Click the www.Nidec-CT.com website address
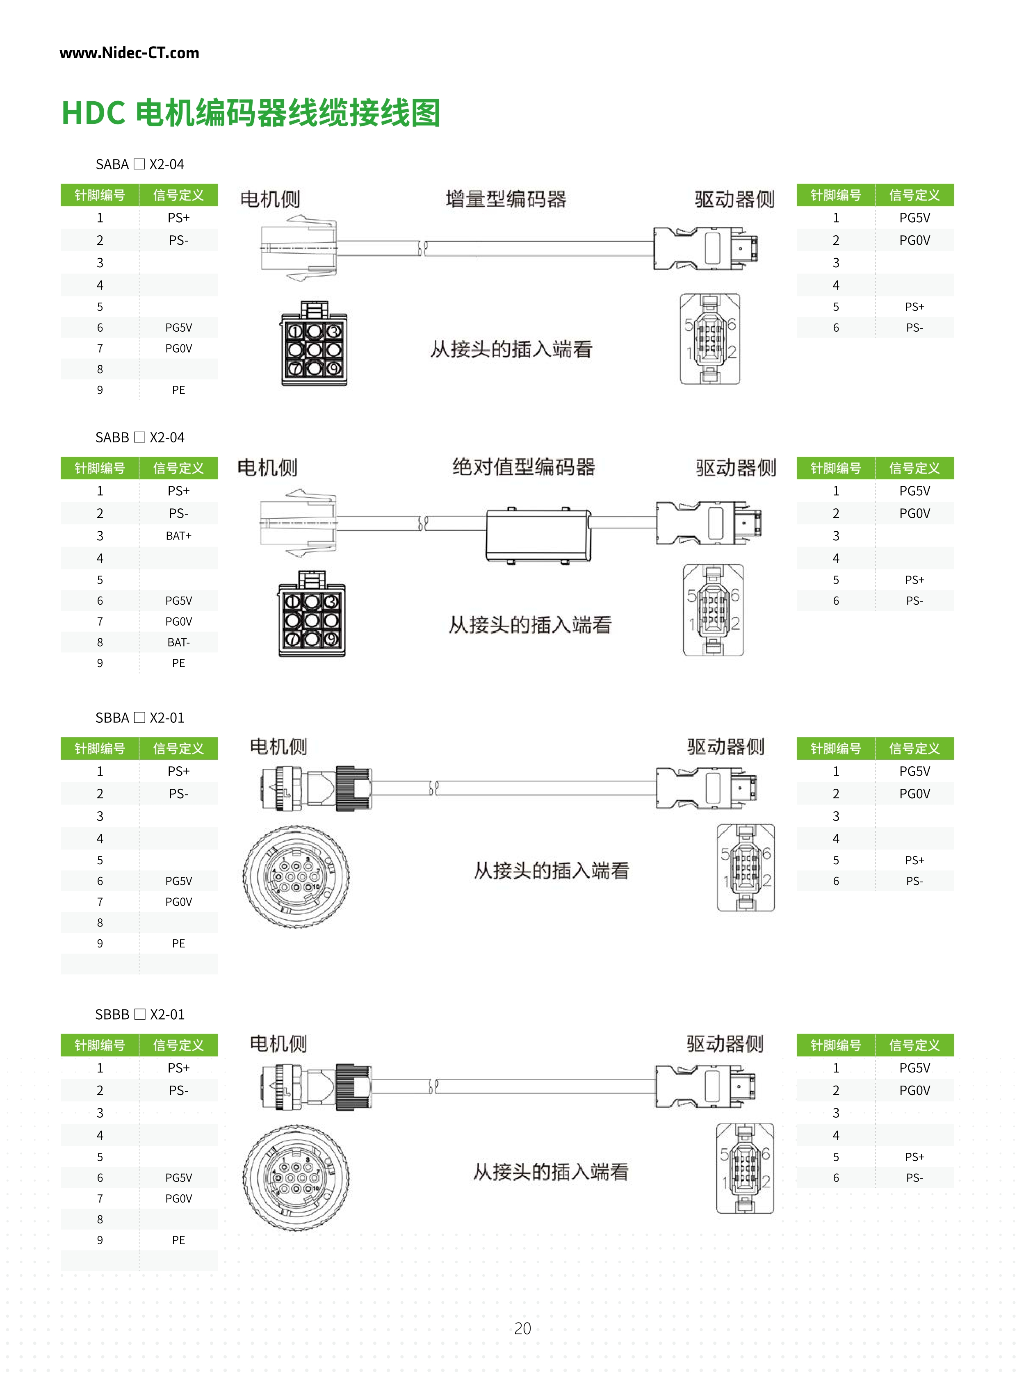[129, 53]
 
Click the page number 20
[522, 1328]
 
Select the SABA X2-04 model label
[140, 164]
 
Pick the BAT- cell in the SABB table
[178, 642]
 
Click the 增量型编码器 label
[505, 199]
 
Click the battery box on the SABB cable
[538, 535]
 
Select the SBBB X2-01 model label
[140, 1014]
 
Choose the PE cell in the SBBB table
[178, 1240]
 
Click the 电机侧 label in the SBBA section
[278, 747]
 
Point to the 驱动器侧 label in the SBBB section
[725, 1043]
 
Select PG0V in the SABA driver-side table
[914, 241]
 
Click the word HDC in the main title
[93, 113]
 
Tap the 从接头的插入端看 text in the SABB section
[529, 625]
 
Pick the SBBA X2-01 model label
[140, 718]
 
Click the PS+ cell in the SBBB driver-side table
[914, 1157]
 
